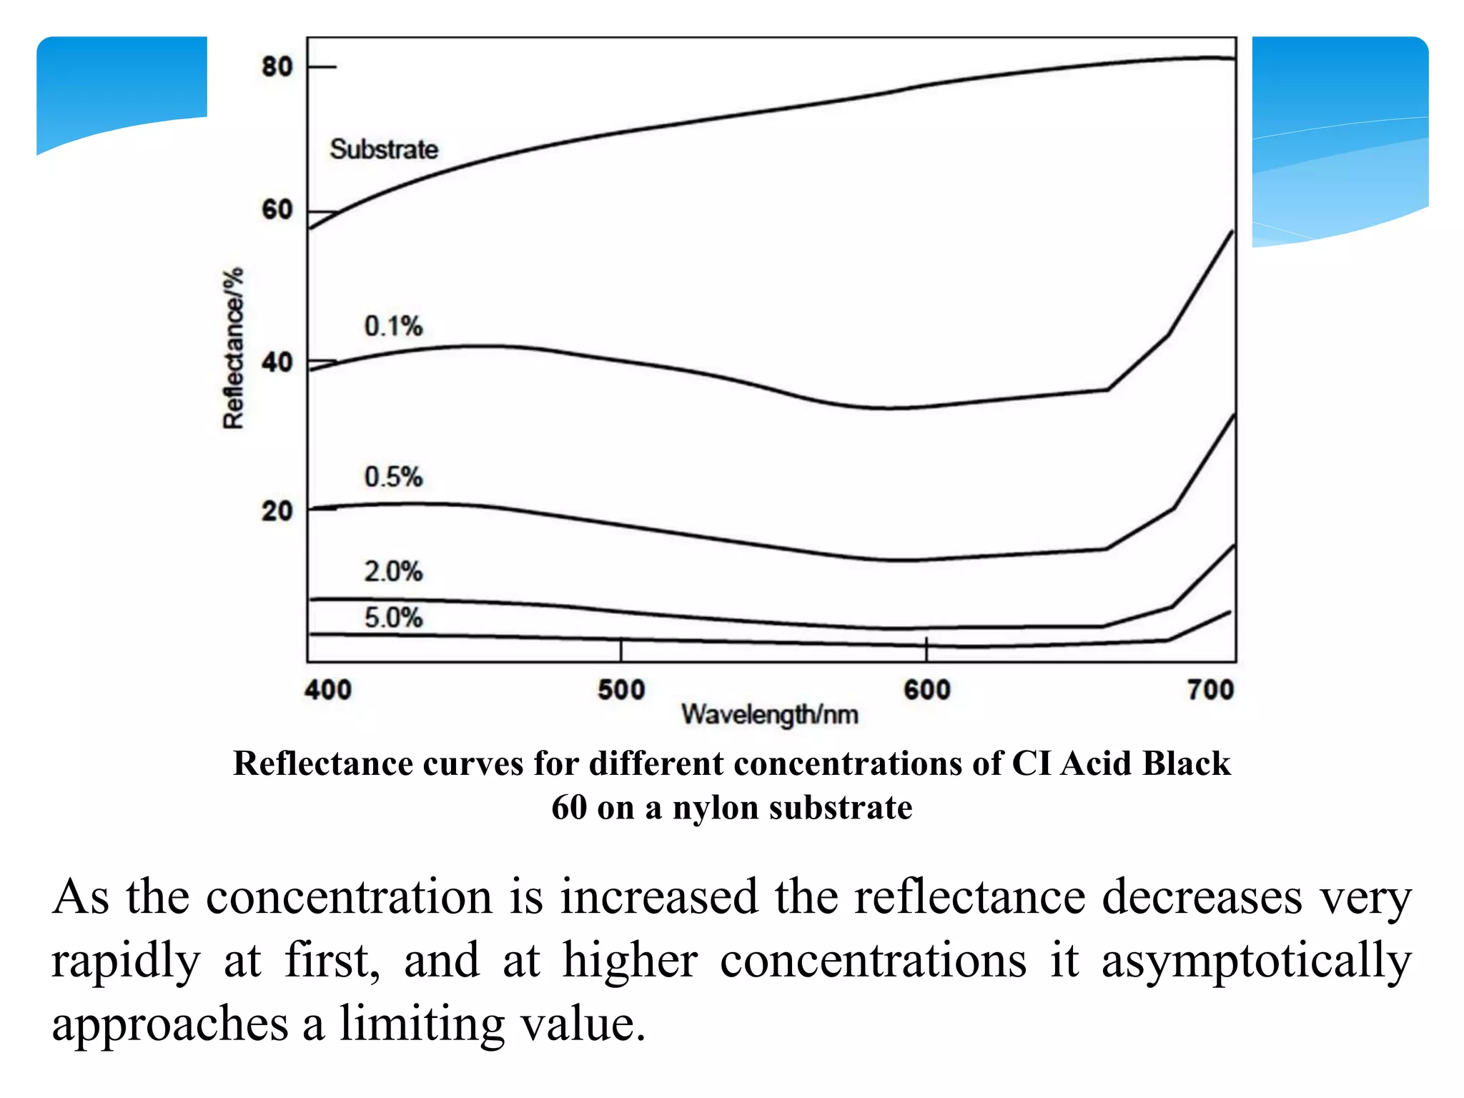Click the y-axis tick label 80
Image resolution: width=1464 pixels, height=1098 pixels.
pyautogui.click(x=277, y=66)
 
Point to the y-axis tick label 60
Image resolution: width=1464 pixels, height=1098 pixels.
pyautogui.click(x=277, y=210)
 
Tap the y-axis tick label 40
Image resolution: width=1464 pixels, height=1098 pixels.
pyautogui.click(x=277, y=362)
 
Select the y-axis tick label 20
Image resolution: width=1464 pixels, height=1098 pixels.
pyautogui.click(x=277, y=511)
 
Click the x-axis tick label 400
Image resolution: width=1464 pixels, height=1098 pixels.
pyautogui.click(x=328, y=690)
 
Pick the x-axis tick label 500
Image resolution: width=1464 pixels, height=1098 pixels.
pyautogui.click(x=621, y=690)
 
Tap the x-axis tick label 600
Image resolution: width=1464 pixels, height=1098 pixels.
pyautogui.click(x=927, y=690)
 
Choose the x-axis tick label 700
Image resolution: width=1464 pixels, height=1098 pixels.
pyautogui.click(x=1211, y=690)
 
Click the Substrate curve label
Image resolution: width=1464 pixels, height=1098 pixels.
pyautogui.click(x=384, y=149)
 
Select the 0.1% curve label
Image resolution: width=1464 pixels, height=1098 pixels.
pyautogui.click(x=393, y=326)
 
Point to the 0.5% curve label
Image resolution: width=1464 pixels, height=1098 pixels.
pyautogui.click(x=393, y=477)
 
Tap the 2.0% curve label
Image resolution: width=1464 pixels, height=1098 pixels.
pyautogui.click(x=393, y=572)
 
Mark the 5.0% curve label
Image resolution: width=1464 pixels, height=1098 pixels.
pyautogui.click(x=393, y=618)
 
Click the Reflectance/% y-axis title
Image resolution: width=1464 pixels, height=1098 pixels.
pyautogui.click(x=233, y=348)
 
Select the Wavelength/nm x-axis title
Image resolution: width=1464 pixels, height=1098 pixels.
pyautogui.click(x=770, y=715)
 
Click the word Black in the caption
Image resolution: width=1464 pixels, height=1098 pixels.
pyautogui.click(x=1186, y=763)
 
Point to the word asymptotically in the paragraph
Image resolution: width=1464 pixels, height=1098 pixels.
pyautogui.click(x=1257, y=961)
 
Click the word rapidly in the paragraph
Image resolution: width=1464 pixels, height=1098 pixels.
pyautogui.click(x=126, y=961)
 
